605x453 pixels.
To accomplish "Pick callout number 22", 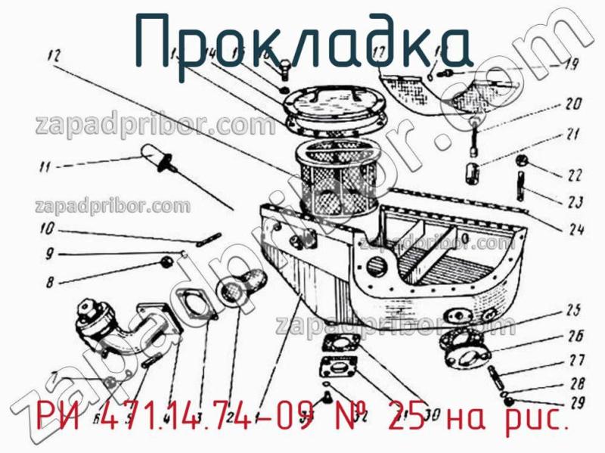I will click(575, 175).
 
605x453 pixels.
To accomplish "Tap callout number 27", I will click(576, 360).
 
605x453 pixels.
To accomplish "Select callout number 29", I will click(576, 401).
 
